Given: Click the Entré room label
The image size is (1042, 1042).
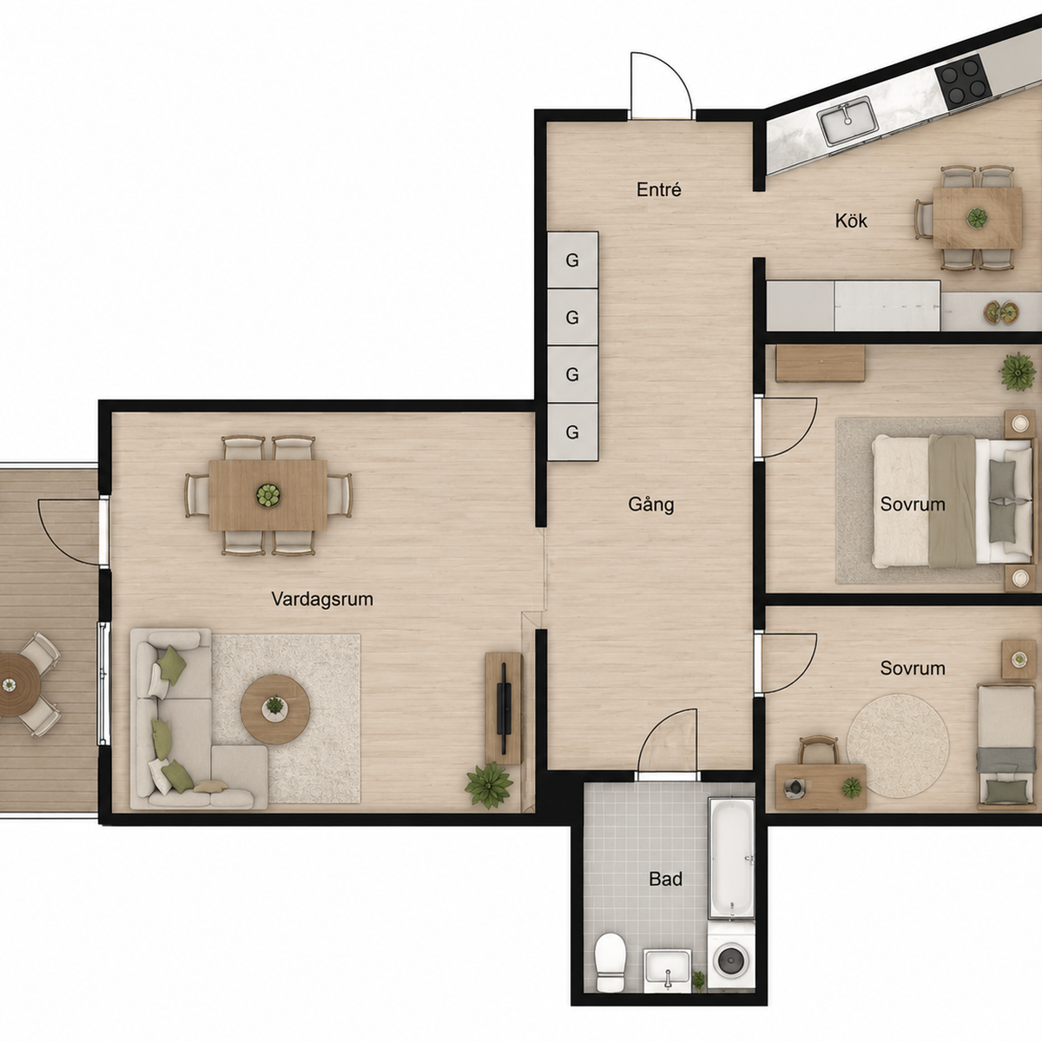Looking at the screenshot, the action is pyautogui.click(x=658, y=190).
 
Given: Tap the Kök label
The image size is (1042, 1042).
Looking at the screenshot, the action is pyautogui.click(x=851, y=221).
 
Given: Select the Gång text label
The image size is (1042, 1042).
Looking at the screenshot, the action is pyautogui.click(x=651, y=504).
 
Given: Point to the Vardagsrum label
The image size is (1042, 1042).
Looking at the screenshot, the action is pyautogui.click(x=322, y=599).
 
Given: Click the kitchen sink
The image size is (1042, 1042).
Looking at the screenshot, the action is pyautogui.click(x=847, y=120).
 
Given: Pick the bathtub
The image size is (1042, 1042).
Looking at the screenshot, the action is pyautogui.click(x=731, y=858).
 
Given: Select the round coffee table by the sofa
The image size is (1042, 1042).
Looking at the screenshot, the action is pyautogui.click(x=275, y=709).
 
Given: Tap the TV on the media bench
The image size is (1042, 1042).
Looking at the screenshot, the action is pyautogui.click(x=505, y=709).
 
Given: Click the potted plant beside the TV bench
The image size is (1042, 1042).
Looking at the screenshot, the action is pyautogui.click(x=489, y=785).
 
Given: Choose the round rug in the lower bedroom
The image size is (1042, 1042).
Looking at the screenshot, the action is pyautogui.click(x=897, y=746).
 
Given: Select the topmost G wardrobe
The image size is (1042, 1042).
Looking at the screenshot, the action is pyautogui.click(x=572, y=260).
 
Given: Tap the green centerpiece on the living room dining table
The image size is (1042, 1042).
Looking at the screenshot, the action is pyautogui.click(x=268, y=495).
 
